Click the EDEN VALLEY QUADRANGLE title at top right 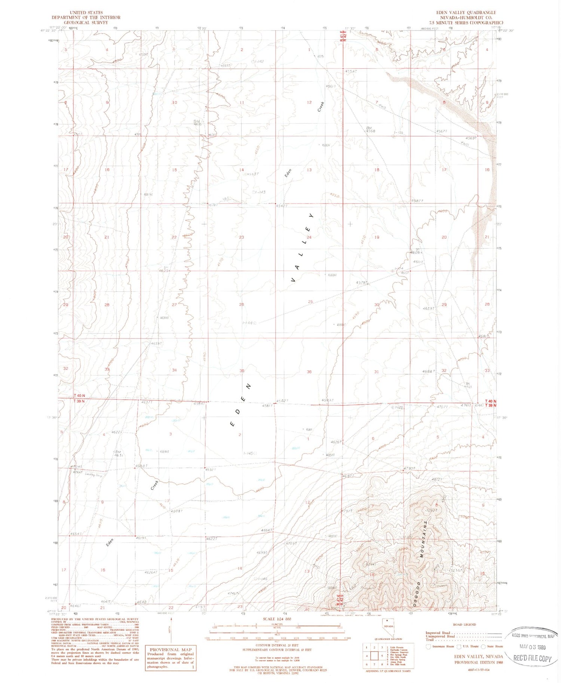466,13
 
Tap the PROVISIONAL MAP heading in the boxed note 170,649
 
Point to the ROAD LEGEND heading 464,624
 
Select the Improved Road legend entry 438,633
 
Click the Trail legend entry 430,640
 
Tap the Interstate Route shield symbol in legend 428,646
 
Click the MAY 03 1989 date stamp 533,646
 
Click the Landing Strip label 93,476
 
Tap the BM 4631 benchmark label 119,453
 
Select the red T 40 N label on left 79,396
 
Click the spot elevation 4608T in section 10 176,511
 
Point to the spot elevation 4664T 267,530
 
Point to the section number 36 309,372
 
